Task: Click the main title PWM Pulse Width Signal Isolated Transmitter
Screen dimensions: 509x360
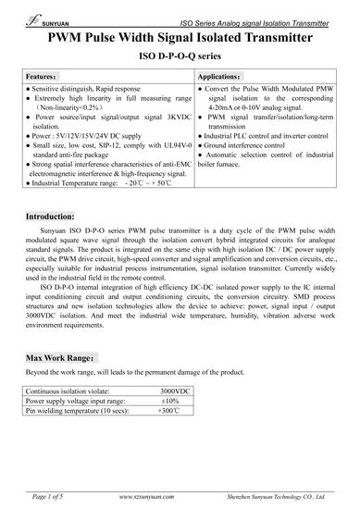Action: click(x=180, y=36)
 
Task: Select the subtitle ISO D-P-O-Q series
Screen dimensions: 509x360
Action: click(x=180, y=56)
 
